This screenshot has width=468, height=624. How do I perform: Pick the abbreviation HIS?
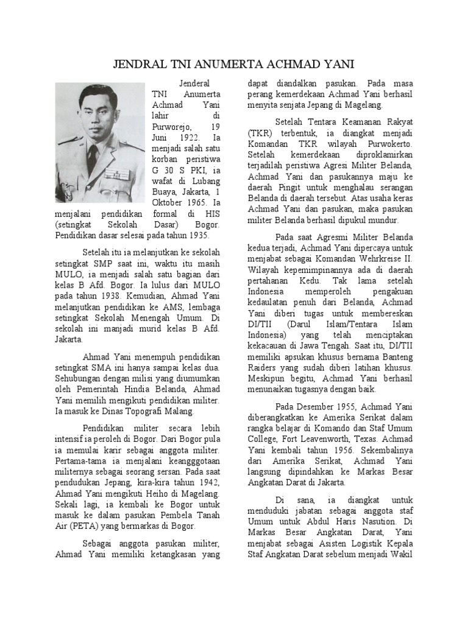(x=212, y=214)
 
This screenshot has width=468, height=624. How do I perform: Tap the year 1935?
(x=196, y=235)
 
